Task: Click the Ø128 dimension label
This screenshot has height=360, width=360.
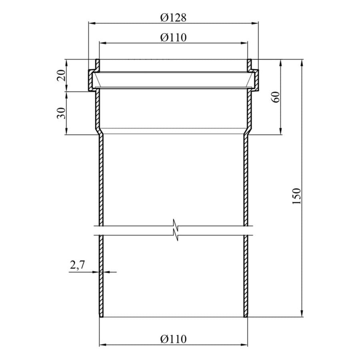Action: pos(173,18)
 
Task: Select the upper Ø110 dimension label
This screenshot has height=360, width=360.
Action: pos(173,38)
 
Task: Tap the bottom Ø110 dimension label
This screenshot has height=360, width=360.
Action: pos(173,339)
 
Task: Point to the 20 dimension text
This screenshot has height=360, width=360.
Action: pos(61,75)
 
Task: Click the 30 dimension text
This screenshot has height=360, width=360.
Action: pos(61,113)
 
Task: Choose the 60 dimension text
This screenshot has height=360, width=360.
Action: pos(276,97)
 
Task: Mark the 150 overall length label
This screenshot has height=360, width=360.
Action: pos(296,196)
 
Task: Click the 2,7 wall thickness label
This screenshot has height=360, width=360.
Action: pos(77,265)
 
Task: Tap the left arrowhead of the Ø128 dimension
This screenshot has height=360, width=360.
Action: pos(92,23)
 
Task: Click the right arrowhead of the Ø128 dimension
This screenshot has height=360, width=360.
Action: pos(255,23)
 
